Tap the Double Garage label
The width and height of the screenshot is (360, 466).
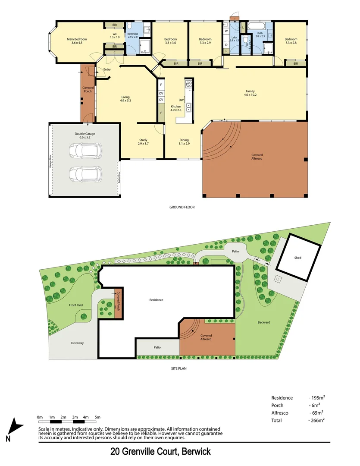[85, 134]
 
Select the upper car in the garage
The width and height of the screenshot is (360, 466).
[86, 151]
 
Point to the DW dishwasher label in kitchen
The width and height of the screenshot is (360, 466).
[182, 100]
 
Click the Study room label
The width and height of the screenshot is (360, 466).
[143, 140]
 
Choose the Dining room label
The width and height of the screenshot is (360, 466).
[184, 140]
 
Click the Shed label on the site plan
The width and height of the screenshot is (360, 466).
[298, 258]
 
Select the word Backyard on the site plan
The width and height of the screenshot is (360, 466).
[264, 322]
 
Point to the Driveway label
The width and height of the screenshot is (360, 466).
[77, 343]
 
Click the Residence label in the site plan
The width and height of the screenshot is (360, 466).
[156, 300]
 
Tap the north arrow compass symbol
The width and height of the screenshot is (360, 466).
[16, 428]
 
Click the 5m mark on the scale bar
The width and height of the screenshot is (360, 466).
[97, 417]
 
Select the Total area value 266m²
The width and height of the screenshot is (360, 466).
[317, 420]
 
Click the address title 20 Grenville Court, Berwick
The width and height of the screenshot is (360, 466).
[160, 452]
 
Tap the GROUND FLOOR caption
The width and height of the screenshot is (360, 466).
[182, 207]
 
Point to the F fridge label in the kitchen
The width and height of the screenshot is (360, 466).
[161, 85]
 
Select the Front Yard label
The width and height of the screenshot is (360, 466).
[75, 305]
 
